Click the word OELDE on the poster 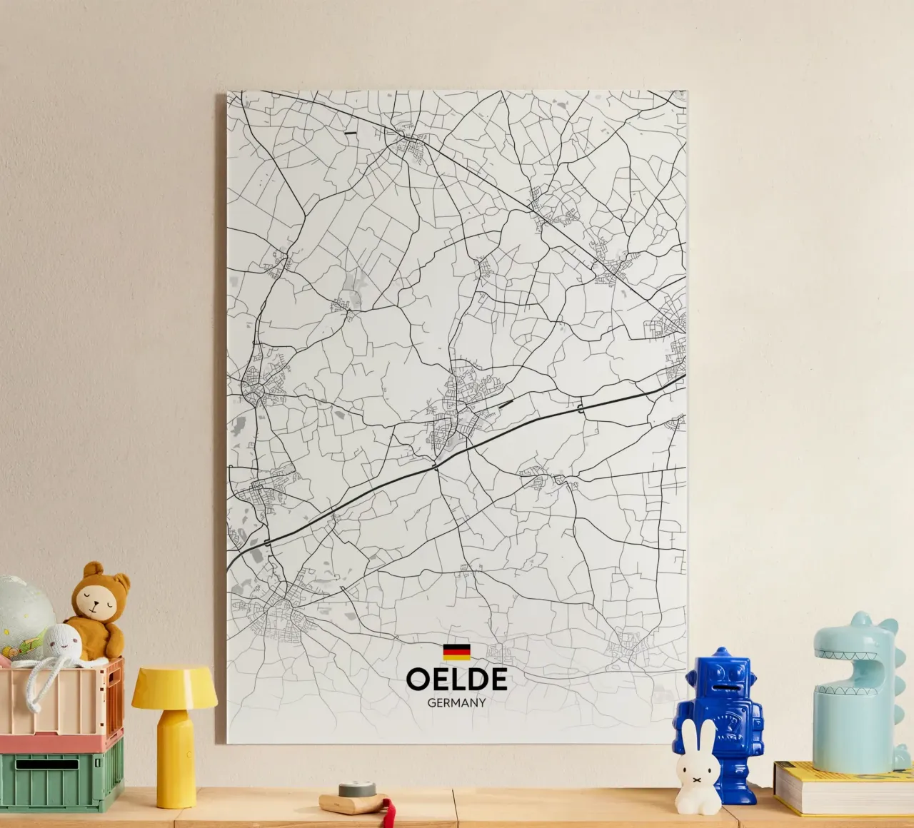pyautogui.click(x=456, y=680)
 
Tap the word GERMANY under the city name pyautogui.click(x=456, y=702)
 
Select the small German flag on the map pyautogui.click(x=456, y=652)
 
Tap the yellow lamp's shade pyautogui.click(x=174, y=685)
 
